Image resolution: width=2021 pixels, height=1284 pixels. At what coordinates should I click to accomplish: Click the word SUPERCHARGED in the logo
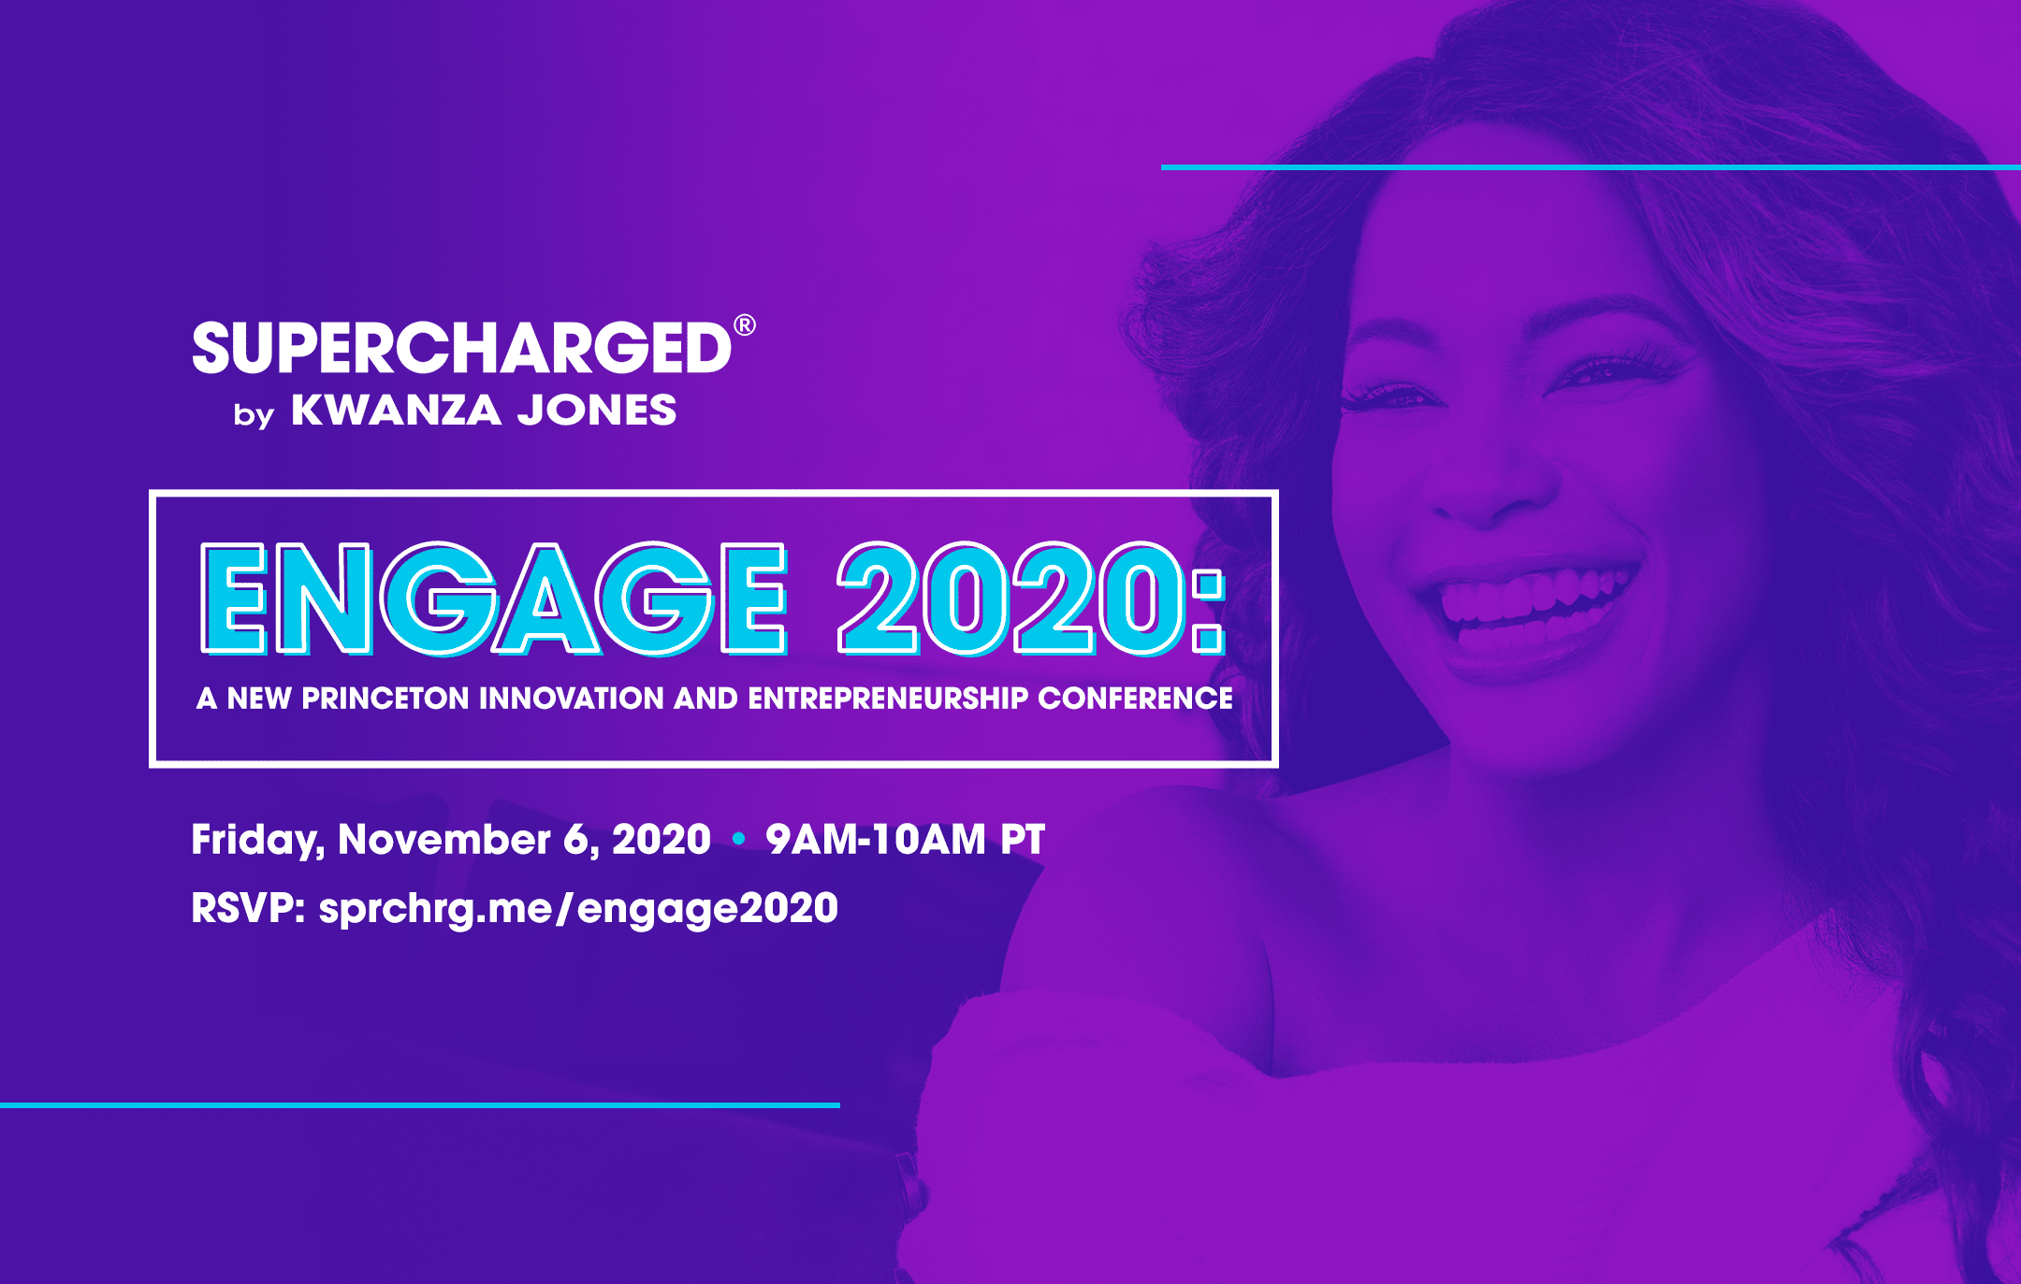pyautogui.click(x=462, y=348)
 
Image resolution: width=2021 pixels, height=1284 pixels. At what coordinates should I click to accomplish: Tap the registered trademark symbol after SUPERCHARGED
pyautogui.click(x=745, y=325)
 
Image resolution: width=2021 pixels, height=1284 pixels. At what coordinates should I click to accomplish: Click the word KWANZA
pyautogui.click(x=396, y=411)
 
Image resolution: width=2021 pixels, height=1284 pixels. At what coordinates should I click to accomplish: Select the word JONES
pyautogui.click(x=597, y=411)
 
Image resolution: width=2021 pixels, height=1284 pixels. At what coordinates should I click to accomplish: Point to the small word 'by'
pyautogui.click(x=254, y=414)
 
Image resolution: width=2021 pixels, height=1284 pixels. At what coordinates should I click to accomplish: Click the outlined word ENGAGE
pyautogui.click(x=494, y=599)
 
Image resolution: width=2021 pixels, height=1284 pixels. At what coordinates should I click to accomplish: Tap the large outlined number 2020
pyautogui.click(x=1012, y=599)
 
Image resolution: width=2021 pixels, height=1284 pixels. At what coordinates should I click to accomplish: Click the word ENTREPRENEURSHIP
pyautogui.click(x=888, y=699)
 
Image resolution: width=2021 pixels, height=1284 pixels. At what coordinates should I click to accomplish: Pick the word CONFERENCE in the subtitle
pyautogui.click(x=1135, y=699)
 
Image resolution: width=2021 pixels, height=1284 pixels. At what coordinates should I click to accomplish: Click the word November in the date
pyautogui.click(x=444, y=839)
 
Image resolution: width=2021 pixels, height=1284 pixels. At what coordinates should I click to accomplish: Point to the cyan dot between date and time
pyautogui.click(x=738, y=839)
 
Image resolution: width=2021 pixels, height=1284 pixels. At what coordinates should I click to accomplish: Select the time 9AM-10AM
pyautogui.click(x=875, y=839)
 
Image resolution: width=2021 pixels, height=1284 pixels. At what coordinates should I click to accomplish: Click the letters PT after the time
pyautogui.click(x=1022, y=839)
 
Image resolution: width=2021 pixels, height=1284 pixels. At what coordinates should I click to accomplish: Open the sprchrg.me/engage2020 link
pyautogui.click(x=578, y=909)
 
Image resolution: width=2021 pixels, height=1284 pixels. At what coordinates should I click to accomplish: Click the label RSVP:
pyautogui.click(x=249, y=908)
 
